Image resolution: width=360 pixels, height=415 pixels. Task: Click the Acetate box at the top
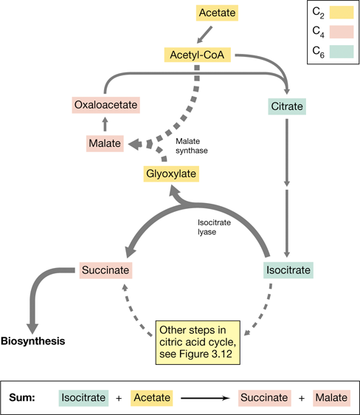(x=217, y=13)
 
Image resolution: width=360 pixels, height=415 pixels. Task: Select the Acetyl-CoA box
(x=198, y=55)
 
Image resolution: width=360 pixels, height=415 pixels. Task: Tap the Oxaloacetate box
(x=105, y=105)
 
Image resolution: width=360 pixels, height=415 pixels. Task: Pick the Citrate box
(x=287, y=106)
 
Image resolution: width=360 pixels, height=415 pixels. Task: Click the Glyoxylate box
(x=171, y=174)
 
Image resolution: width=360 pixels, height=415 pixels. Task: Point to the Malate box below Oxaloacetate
(x=105, y=143)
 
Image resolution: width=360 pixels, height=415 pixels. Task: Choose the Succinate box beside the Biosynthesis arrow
(x=105, y=270)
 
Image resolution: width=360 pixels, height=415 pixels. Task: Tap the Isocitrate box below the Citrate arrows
(x=288, y=270)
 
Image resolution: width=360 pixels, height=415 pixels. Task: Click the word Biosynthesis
(x=32, y=341)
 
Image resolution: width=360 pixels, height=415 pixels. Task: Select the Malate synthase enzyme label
(x=192, y=145)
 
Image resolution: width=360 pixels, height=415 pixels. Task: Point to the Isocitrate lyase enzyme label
(x=214, y=227)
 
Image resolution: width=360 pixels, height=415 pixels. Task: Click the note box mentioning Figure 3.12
(x=198, y=343)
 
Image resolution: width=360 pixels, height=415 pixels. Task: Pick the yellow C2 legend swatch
(x=342, y=13)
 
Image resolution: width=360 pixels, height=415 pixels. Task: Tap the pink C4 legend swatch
(x=342, y=32)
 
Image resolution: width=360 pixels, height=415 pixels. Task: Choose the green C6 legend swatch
(x=342, y=52)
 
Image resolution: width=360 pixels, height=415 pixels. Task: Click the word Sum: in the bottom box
(x=22, y=397)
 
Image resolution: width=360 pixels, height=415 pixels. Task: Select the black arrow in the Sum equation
(x=205, y=398)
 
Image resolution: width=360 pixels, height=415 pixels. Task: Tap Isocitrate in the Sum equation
(x=83, y=398)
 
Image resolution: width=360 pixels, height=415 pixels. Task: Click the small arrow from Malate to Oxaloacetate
(x=105, y=124)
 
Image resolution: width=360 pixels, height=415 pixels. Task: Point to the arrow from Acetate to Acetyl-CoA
(x=205, y=35)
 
